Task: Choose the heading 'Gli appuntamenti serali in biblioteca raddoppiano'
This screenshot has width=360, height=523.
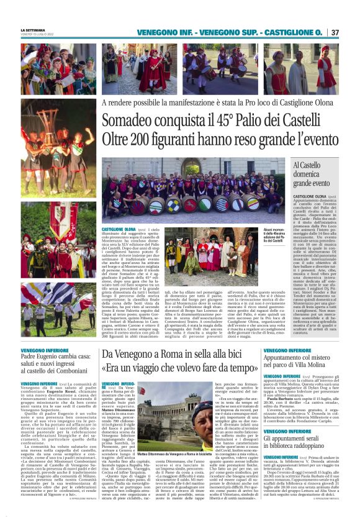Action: pos(304,450)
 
